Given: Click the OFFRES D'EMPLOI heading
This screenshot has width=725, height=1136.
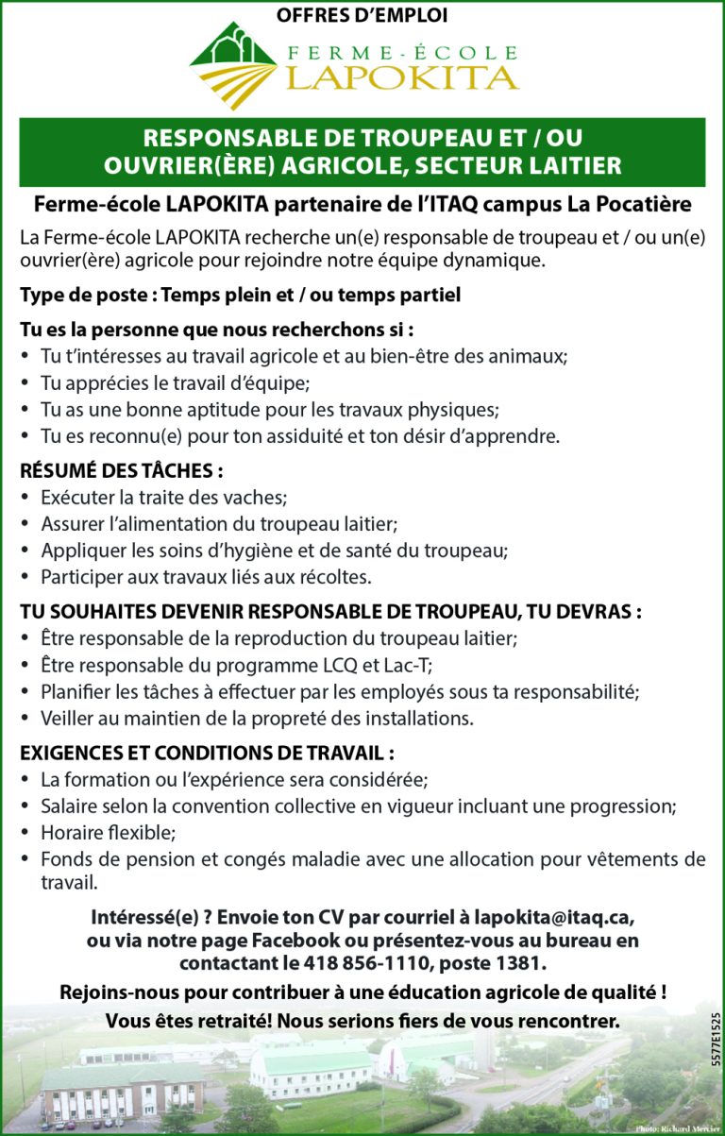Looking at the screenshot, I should point(362,14).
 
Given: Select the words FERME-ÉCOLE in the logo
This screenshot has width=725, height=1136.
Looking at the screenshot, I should point(402,52).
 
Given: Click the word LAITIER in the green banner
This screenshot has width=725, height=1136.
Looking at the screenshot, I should point(568,166).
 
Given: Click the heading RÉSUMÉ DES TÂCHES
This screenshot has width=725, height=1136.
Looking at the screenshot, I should point(122,470).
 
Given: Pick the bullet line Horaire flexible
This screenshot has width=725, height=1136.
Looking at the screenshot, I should point(109,833).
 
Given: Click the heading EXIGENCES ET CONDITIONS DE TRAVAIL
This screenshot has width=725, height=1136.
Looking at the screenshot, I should point(207,754).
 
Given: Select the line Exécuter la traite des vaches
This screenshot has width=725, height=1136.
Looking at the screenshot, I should point(163,497).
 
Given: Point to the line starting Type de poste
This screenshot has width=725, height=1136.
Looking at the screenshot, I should point(240,296).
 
